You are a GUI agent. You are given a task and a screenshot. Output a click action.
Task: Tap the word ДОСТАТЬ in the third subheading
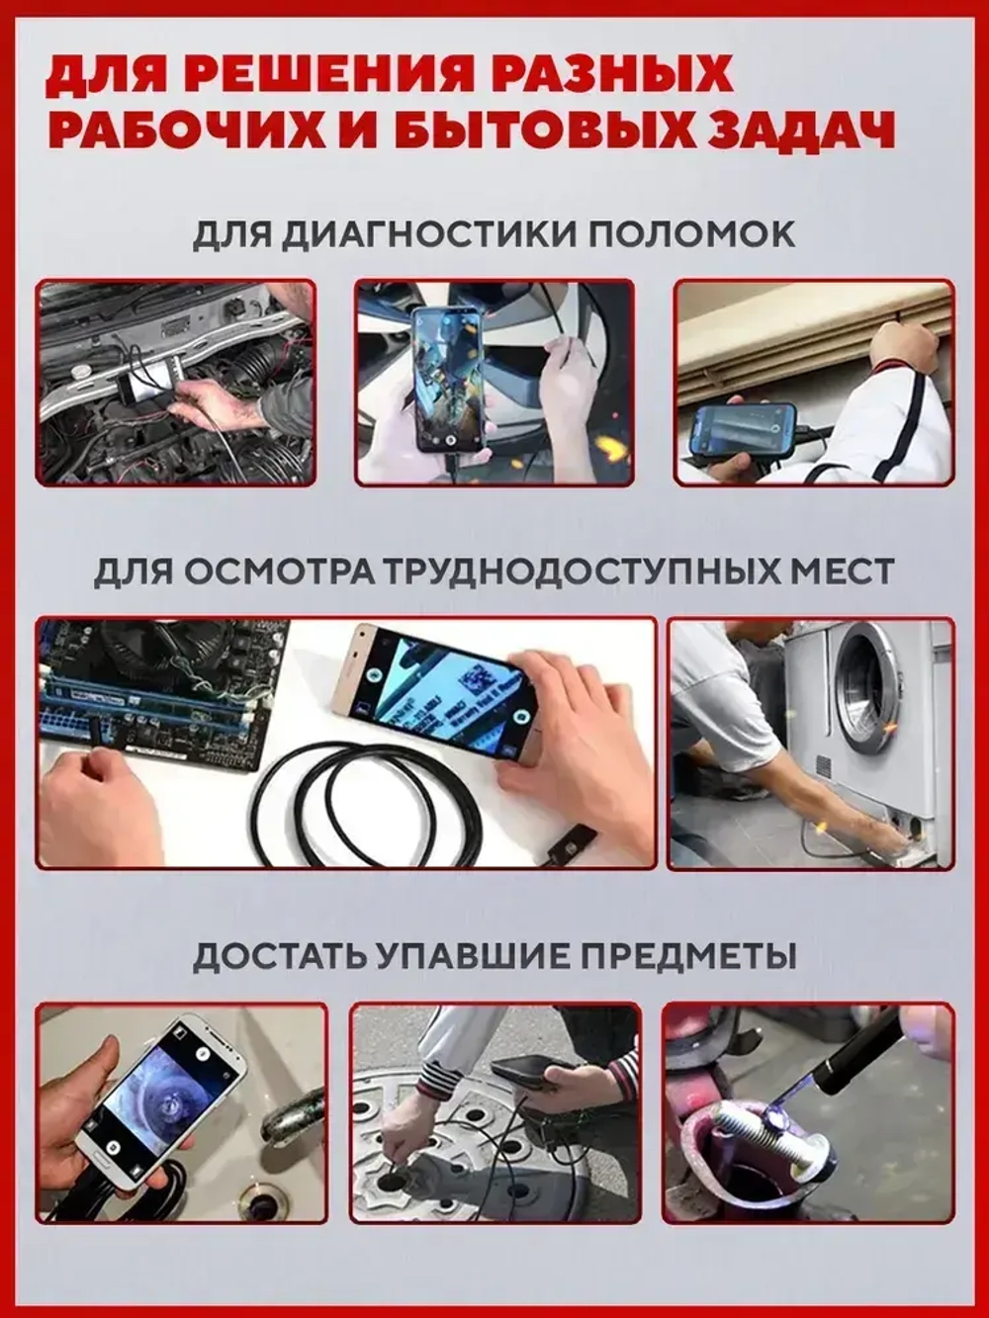pyautogui.click(x=267, y=956)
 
